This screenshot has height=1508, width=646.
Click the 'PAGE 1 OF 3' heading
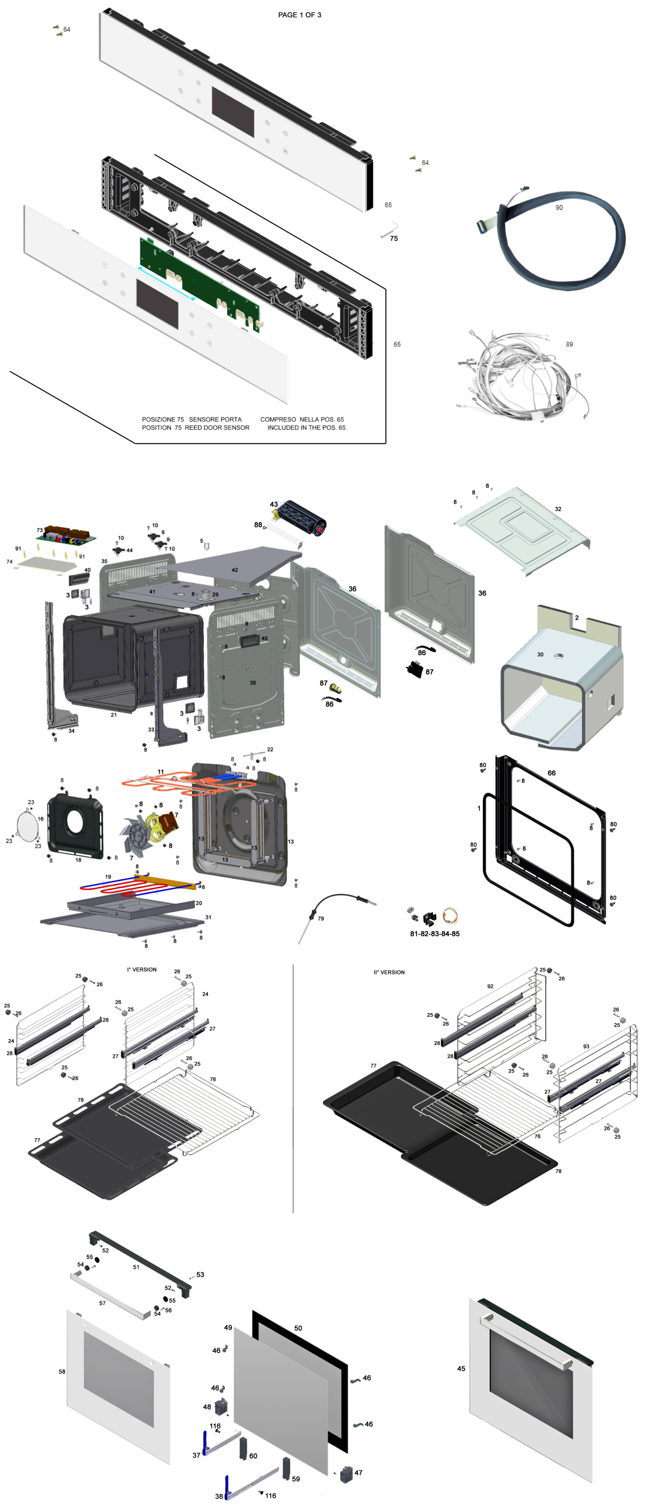pyautogui.click(x=300, y=15)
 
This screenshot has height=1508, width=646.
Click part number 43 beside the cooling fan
pyautogui.click(x=274, y=504)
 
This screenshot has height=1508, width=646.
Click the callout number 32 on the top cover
pyautogui.click(x=558, y=509)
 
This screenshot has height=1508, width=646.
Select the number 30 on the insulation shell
pyautogui.click(x=540, y=654)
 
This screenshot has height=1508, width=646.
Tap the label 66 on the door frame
pyautogui.click(x=551, y=773)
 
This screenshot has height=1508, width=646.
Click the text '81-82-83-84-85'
pyautogui.click(x=435, y=933)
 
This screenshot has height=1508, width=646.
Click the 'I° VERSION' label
pyautogui.click(x=142, y=969)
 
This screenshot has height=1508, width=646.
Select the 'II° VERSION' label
pyautogui.click(x=389, y=972)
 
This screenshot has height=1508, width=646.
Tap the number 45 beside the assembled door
pyautogui.click(x=461, y=1368)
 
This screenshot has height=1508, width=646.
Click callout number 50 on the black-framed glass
pyautogui.click(x=298, y=1328)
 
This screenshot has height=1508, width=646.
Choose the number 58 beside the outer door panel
pyautogui.click(x=62, y=1371)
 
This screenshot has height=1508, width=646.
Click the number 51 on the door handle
pyautogui.click(x=136, y=1267)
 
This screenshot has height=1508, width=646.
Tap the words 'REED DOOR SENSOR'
pyautogui.click(x=217, y=427)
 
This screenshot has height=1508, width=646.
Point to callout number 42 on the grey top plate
pyautogui.click(x=235, y=570)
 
